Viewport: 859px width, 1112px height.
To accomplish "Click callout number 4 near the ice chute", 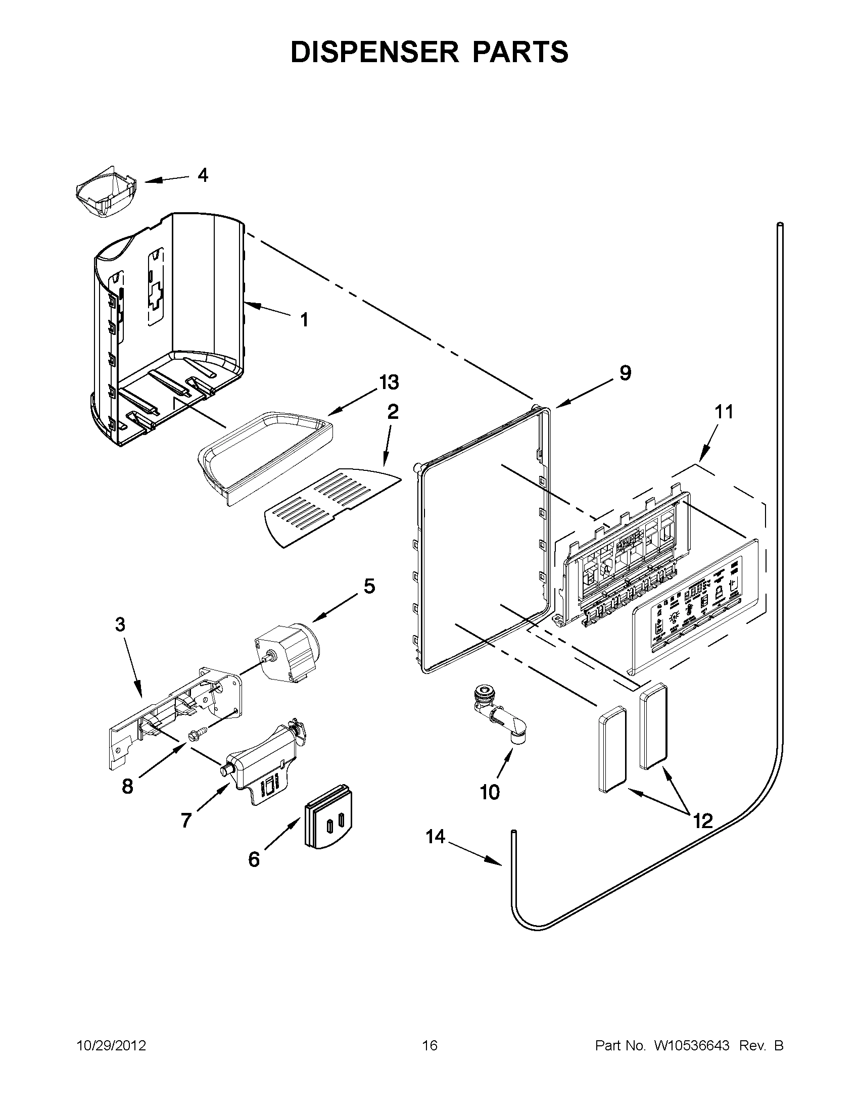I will [x=203, y=176].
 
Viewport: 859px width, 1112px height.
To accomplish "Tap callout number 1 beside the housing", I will [x=304, y=320].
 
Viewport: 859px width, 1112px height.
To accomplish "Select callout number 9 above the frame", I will [x=625, y=373].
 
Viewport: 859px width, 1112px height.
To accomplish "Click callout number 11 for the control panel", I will [x=724, y=411].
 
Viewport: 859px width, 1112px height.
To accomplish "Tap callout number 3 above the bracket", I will [x=120, y=624].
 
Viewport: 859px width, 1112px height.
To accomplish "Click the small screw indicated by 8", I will [x=194, y=735].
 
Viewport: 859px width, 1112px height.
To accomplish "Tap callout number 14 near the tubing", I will [x=436, y=837].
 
